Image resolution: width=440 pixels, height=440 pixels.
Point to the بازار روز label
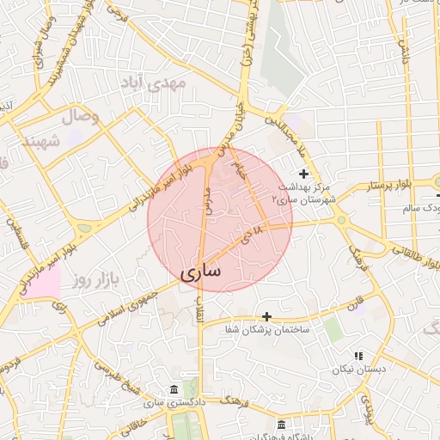(92, 280)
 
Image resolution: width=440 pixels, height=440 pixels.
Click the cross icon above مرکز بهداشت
(302, 174)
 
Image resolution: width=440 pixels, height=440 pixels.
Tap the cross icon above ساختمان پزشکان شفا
(266, 317)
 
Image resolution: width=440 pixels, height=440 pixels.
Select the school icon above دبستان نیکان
(359, 356)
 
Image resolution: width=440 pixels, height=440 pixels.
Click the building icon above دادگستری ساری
(175, 389)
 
